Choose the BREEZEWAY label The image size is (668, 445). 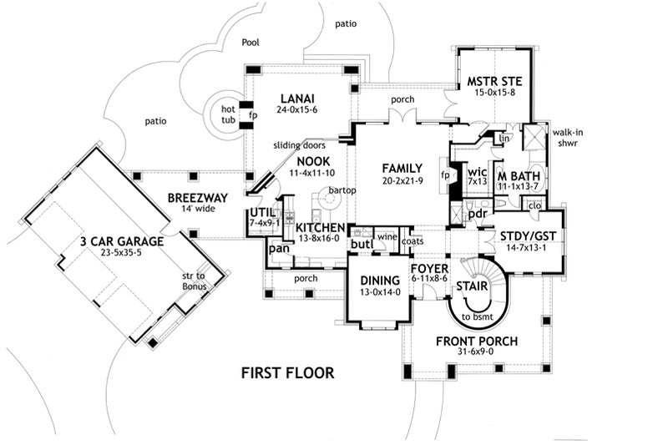pos(193,198)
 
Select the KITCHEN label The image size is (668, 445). pos(314,228)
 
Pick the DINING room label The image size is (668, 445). pos(376,281)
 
